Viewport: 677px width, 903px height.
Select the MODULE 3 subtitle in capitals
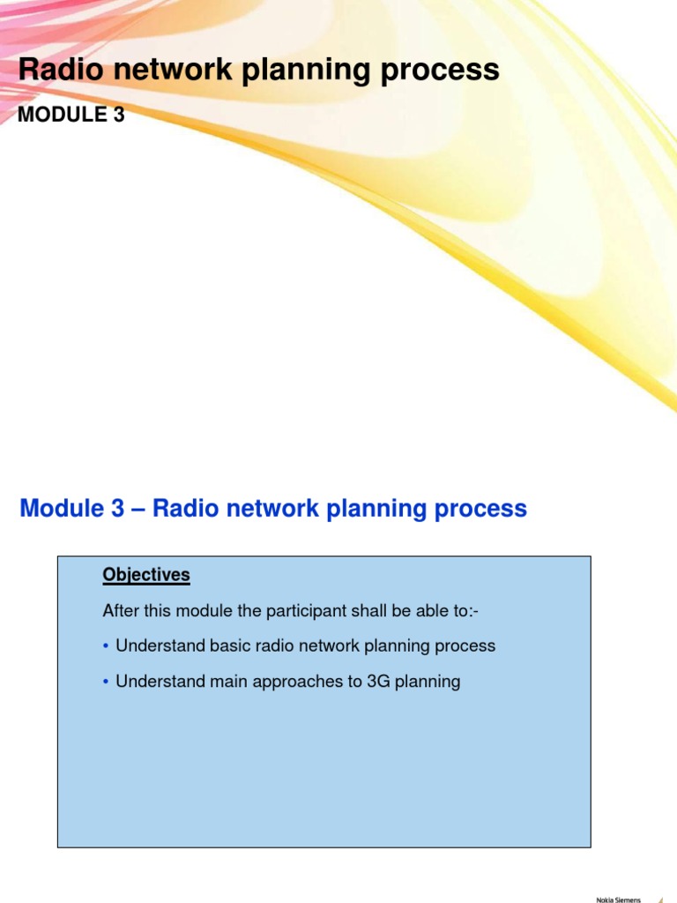click(71, 115)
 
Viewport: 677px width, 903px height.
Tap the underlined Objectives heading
click(146, 575)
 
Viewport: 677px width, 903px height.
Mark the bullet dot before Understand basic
click(106, 646)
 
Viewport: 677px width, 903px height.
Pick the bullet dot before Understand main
click(106, 682)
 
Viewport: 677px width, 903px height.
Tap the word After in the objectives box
click(120, 610)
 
